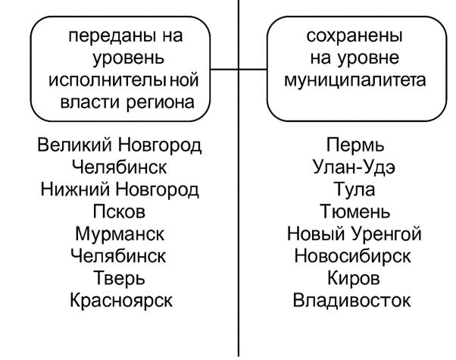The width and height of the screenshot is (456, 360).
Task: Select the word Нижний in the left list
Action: (75, 189)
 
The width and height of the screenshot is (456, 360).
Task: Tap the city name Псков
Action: (119, 211)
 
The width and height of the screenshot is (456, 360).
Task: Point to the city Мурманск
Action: (120, 234)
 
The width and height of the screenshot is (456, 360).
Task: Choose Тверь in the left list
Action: (119, 278)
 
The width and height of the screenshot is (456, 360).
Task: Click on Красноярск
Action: (121, 301)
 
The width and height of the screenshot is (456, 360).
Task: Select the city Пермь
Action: (355, 145)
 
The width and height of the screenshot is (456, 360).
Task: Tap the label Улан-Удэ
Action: (354, 167)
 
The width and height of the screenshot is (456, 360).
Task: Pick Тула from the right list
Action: (354, 189)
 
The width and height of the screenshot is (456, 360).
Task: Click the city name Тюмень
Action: (354, 211)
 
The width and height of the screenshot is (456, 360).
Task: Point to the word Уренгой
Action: (386, 234)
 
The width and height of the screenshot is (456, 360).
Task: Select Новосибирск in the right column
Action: (352, 256)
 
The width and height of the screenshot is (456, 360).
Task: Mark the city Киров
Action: (354, 278)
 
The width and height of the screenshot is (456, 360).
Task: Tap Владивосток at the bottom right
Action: (352, 301)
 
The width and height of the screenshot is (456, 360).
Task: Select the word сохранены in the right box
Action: (354, 36)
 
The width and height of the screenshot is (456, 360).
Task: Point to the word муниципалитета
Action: (355, 80)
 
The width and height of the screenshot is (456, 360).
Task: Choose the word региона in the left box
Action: (161, 103)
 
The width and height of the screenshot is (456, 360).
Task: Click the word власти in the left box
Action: (90, 103)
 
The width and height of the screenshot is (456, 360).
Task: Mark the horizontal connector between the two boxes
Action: (239, 70)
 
